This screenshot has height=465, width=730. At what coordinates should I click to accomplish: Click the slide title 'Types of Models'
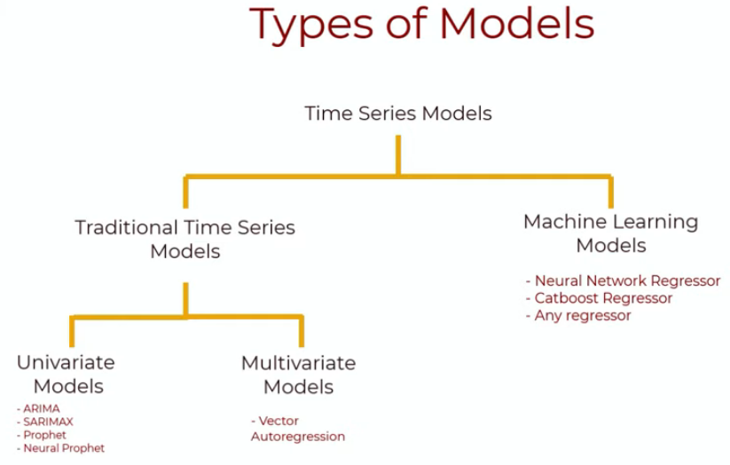pos(421,23)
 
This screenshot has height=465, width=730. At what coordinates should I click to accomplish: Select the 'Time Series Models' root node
pos(398,114)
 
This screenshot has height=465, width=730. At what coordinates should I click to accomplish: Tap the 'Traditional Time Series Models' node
pos(184,239)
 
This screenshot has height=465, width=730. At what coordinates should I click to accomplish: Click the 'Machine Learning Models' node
pos(610,232)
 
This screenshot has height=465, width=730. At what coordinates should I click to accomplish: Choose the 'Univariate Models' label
pos(66,374)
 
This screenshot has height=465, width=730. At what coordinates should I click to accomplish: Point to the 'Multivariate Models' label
pos(298,374)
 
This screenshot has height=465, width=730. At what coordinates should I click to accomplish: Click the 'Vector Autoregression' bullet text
pos(297,429)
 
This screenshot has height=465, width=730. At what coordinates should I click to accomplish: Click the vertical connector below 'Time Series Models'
pos(398,154)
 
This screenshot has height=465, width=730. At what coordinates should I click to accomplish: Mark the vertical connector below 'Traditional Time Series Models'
pos(184,299)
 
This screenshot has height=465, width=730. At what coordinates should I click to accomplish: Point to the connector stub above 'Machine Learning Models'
pos(610,192)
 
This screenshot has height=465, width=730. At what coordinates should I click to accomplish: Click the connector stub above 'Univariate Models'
pos(72,331)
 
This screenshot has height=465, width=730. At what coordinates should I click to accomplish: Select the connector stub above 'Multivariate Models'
pos(302,331)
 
